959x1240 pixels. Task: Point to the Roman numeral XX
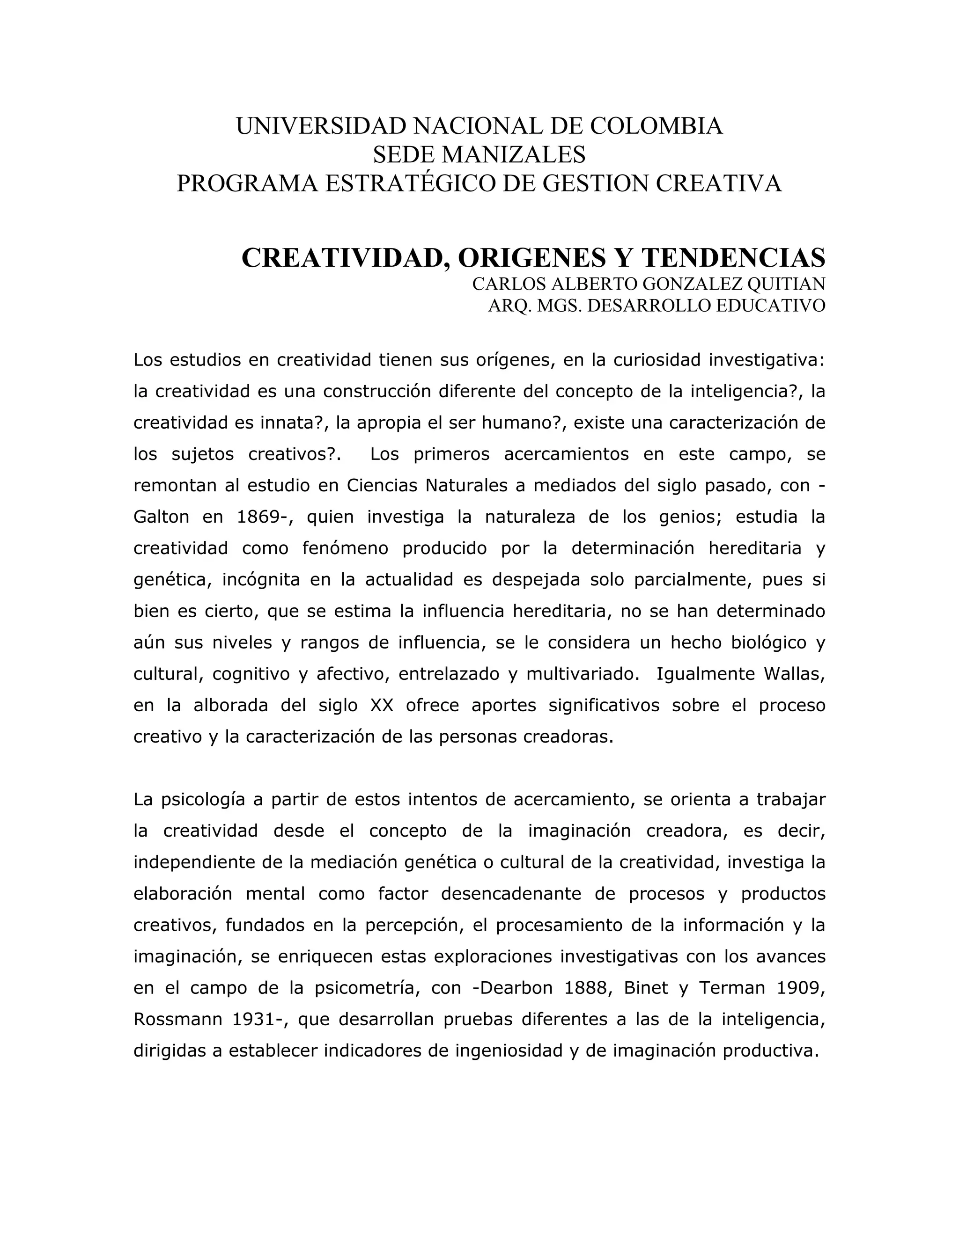382,706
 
